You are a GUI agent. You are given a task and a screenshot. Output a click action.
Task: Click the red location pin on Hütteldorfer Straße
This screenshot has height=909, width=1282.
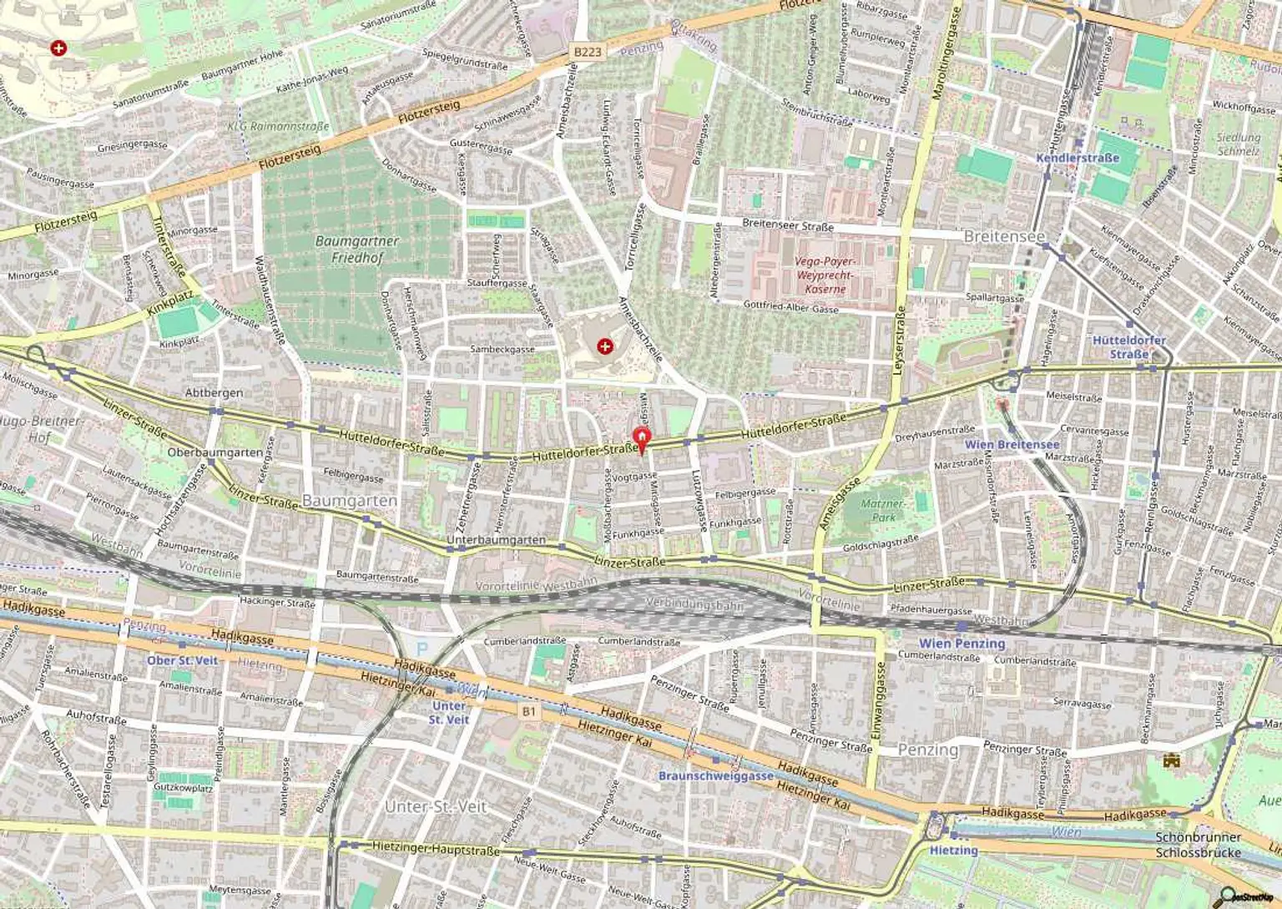pos(640,438)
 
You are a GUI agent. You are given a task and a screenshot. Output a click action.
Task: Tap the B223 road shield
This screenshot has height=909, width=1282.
pos(587,52)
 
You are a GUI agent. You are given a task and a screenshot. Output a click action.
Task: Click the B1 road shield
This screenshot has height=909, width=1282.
pos(528,711)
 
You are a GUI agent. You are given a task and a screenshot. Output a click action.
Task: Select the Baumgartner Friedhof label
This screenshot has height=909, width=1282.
pos(357,249)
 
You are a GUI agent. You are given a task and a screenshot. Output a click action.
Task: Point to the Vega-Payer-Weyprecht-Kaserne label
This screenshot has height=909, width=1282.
pos(824,275)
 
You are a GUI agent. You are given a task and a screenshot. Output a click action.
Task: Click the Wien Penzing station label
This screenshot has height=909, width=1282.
pos(961,644)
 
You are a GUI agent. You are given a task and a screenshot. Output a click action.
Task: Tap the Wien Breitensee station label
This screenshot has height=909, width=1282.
pos(1012,445)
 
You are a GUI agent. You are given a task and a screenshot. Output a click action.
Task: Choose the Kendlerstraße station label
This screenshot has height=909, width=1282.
pos(1078,158)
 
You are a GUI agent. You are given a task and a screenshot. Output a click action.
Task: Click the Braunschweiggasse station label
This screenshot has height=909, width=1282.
pos(715,775)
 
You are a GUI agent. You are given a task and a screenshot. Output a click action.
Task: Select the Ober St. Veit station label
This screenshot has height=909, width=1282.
pos(182,660)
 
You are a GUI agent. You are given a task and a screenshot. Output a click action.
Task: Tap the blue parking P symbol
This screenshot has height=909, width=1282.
pos(422,648)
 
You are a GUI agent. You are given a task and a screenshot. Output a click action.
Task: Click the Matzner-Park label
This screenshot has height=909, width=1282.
pos(881,510)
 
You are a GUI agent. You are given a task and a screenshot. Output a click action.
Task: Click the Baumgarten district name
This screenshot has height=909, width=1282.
pos(350,500)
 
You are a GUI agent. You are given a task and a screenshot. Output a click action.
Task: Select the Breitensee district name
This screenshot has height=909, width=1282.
pos(1004,237)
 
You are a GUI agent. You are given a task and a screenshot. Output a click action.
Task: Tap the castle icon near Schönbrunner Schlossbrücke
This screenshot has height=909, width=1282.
pos(1173,760)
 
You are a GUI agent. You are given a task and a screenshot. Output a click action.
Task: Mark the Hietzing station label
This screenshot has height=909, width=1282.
pos(953,850)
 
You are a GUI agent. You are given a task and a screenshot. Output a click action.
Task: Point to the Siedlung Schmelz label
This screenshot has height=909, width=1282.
pos(1238,144)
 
